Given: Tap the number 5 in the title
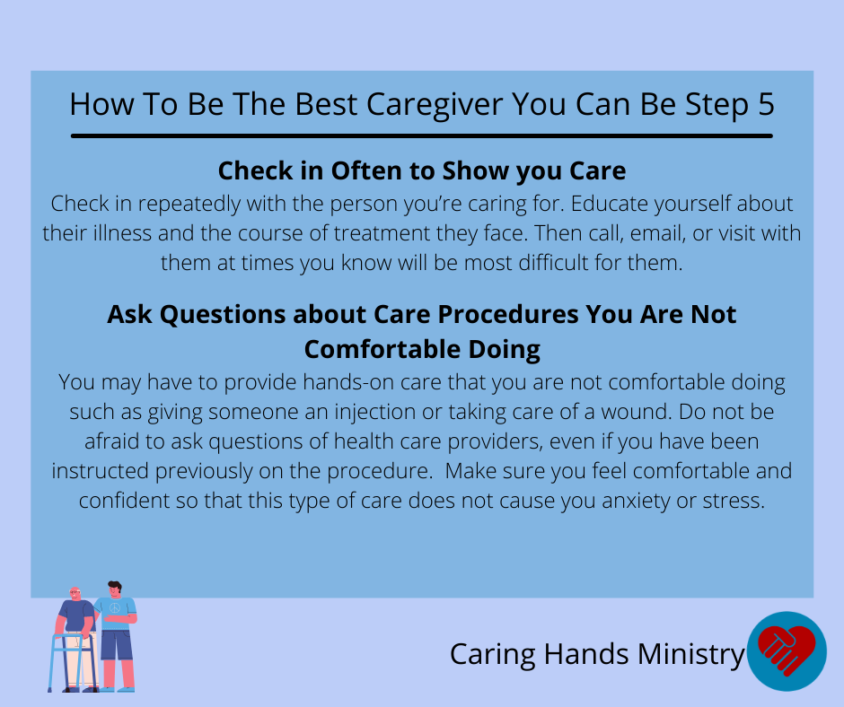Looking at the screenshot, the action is point(766,104).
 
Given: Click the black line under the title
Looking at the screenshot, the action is point(422,136).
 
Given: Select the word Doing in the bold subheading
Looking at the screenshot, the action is point(504,350).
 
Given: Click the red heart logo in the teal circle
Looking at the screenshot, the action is point(786,650).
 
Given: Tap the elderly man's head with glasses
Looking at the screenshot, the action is point(75,594).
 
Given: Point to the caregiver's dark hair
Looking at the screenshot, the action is point(115,585).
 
